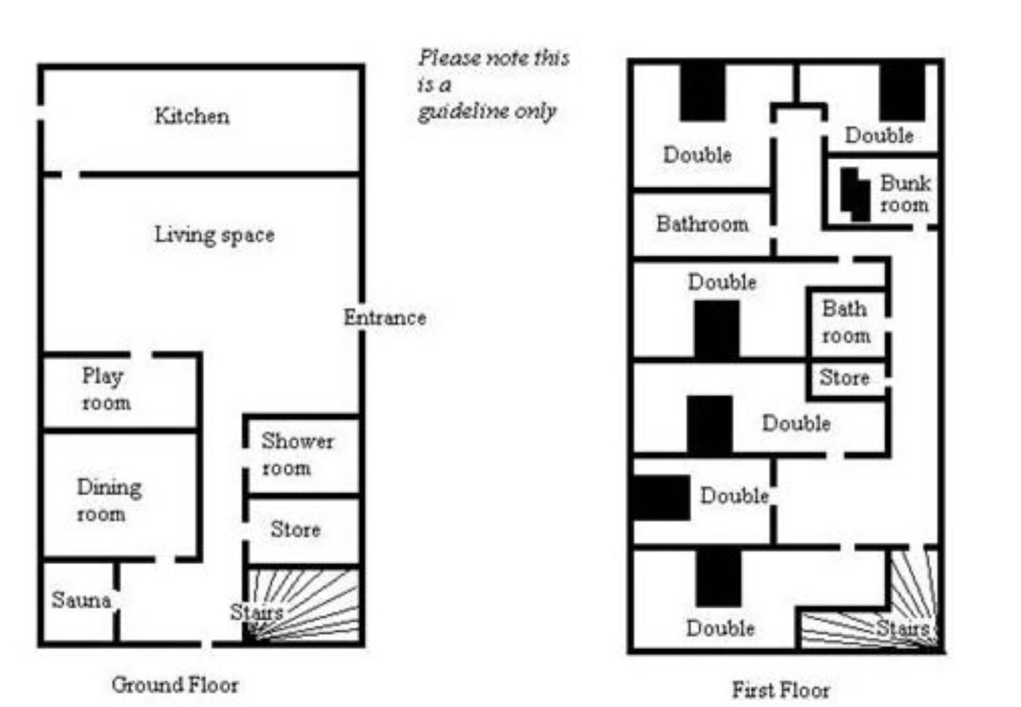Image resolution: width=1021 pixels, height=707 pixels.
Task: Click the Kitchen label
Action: [192, 116]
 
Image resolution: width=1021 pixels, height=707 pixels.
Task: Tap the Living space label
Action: [214, 234]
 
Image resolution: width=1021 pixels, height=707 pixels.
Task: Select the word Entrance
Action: [385, 318]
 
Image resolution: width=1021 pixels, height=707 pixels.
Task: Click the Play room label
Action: [106, 390]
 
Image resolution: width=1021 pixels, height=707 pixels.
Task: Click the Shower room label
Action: [297, 454]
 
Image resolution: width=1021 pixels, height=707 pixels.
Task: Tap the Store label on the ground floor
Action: [295, 529]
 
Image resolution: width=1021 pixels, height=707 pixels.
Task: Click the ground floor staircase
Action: [306, 605]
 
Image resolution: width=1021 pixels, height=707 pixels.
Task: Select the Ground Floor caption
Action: [174, 684]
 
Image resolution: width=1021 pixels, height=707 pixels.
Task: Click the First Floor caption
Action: [780, 691]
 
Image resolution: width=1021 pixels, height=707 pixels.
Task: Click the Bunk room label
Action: [905, 194]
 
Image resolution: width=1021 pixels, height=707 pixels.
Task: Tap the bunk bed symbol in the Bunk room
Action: [855, 193]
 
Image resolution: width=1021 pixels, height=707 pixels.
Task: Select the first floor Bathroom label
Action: [702, 224]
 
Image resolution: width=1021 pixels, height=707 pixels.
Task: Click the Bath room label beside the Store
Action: [845, 321]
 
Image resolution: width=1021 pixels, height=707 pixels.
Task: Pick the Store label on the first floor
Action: [844, 378]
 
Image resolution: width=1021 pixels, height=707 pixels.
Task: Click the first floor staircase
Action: [880, 621]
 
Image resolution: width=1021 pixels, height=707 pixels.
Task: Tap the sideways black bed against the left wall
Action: [660, 498]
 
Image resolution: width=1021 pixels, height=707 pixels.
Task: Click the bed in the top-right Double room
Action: [902, 92]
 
